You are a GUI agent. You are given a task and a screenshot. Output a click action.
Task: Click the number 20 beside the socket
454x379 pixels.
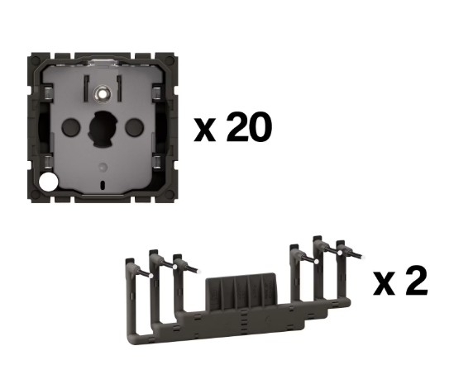click(x=249, y=127)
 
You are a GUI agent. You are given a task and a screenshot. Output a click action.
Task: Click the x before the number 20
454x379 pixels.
click(x=205, y=130)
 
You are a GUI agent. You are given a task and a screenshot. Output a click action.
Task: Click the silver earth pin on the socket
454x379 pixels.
click(x=103, y=93)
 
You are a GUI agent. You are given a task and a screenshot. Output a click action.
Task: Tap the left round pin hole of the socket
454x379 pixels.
click(x=71, y=126)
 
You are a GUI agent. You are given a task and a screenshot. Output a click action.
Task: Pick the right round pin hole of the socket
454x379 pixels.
click(x=134, y=126)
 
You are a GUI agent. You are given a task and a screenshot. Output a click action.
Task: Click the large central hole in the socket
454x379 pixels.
click(x=103, y=128)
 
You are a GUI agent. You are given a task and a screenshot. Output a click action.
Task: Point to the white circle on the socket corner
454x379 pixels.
click(x=48, y=182)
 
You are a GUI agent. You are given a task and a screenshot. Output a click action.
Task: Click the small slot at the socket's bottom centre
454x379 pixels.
click(x=103, y=185)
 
